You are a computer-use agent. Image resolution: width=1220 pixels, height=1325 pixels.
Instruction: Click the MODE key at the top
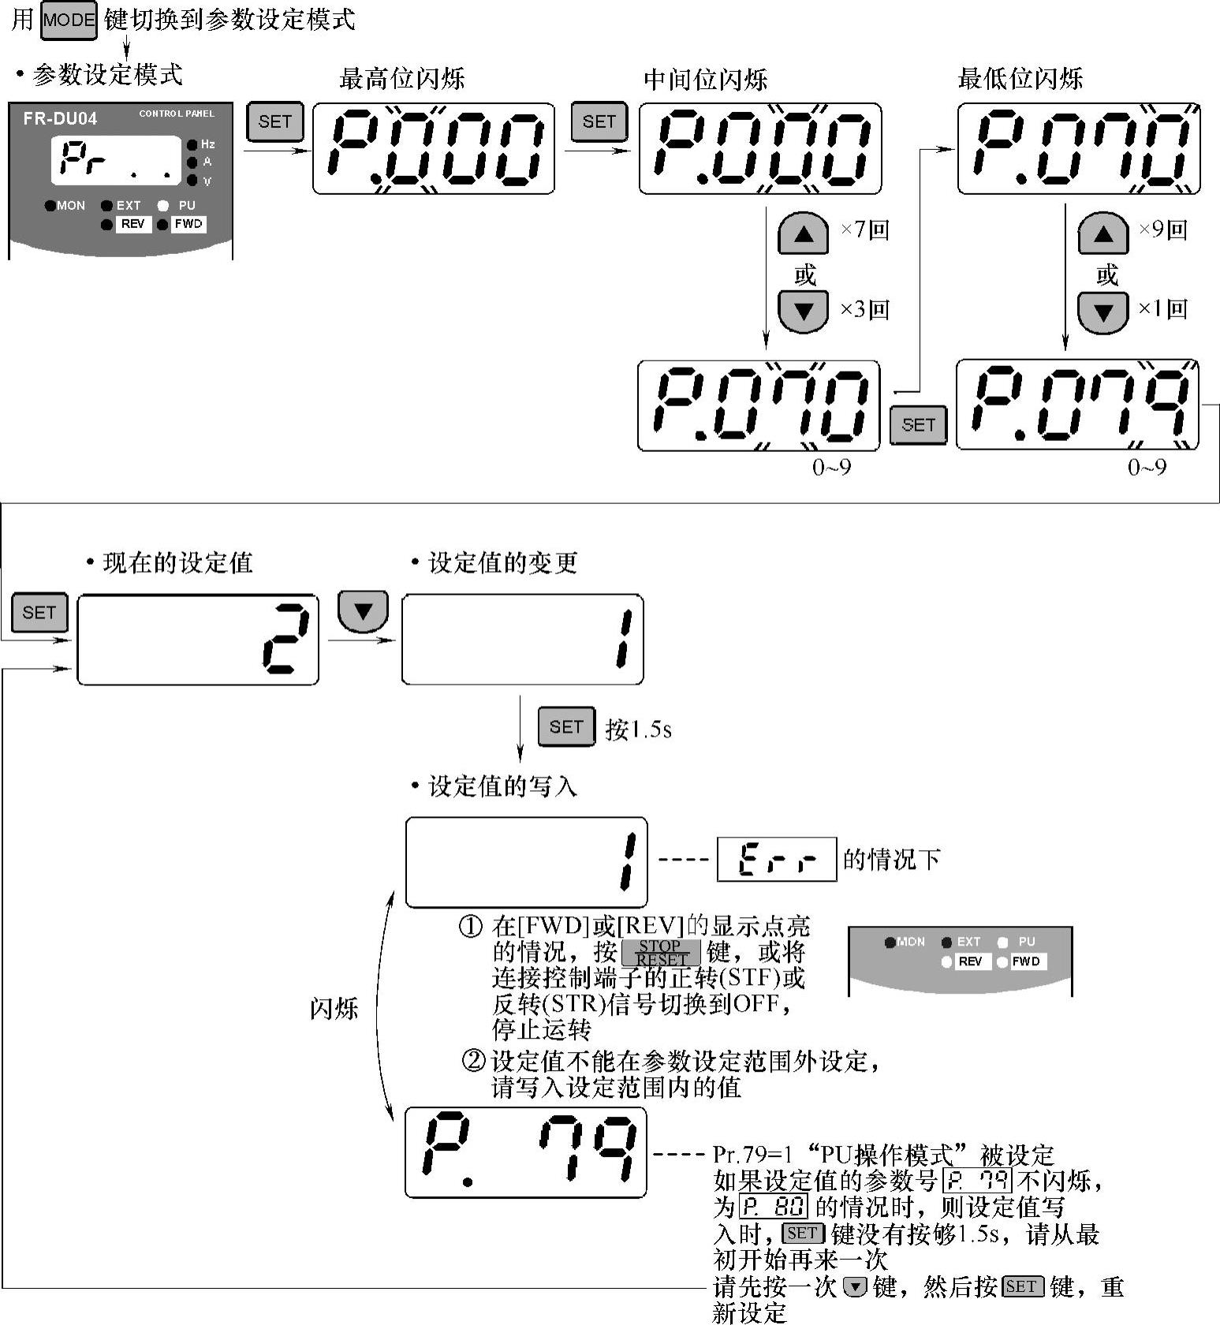pyautogui.click(x=69, y=21)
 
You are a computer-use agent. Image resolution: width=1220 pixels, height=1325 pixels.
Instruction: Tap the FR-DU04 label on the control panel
pyautogui.click(x=60, y=119)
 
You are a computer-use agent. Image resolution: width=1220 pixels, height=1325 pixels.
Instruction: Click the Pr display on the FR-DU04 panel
pyautogui.click(x=117, y=161)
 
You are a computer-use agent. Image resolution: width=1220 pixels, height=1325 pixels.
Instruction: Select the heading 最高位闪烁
pyautogui.click(x=401, y=79)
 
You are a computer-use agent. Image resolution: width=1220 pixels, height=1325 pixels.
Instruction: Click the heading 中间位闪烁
pyautogui.click(x=705, y=79)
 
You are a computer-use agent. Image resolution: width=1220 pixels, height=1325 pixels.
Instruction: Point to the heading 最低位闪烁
pyautogui.click(x=1020, y=79)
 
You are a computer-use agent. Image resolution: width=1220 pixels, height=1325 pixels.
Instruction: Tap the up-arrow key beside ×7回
pyautogui.click(x=803, y=233)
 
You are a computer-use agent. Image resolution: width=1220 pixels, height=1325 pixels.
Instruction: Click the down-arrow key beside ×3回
pyautogui.click(x=803, y=311)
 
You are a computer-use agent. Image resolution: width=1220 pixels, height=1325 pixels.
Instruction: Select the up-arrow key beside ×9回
pyautogui.click(x=1102, y=233)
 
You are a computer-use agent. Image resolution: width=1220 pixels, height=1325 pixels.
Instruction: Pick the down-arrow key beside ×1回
pyautogui.click(x=1102, y=312)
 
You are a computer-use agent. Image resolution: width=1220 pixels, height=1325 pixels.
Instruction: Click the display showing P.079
pyautogui.click(x=1077, y=405)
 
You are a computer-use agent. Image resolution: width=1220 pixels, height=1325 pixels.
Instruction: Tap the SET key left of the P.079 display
pyautogui.click(x=918, y=425)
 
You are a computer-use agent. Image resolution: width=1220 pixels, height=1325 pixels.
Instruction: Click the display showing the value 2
pyautogui.click(x=198, y=640)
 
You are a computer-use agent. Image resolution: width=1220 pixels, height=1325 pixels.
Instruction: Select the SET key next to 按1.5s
pyautogui.click(x=566, y=727)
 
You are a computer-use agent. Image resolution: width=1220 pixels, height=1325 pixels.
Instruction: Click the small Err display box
pyautogui.click(x=776, y=859)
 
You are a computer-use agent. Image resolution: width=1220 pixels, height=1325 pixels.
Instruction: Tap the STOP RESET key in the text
pyautogui.click(x=661, y=953)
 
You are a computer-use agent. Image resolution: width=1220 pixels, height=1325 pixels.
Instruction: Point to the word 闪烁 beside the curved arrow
pyautogui.click(x=334, y=1009)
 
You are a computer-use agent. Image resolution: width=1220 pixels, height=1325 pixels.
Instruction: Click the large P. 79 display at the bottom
pyautogui.click(x=526, y=1152)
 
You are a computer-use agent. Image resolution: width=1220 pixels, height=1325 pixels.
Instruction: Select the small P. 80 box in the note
pyautogui.click(x=774, y=1207)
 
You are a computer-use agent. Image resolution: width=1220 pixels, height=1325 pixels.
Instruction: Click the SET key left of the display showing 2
pyautogui.click(x=39, y=613)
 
